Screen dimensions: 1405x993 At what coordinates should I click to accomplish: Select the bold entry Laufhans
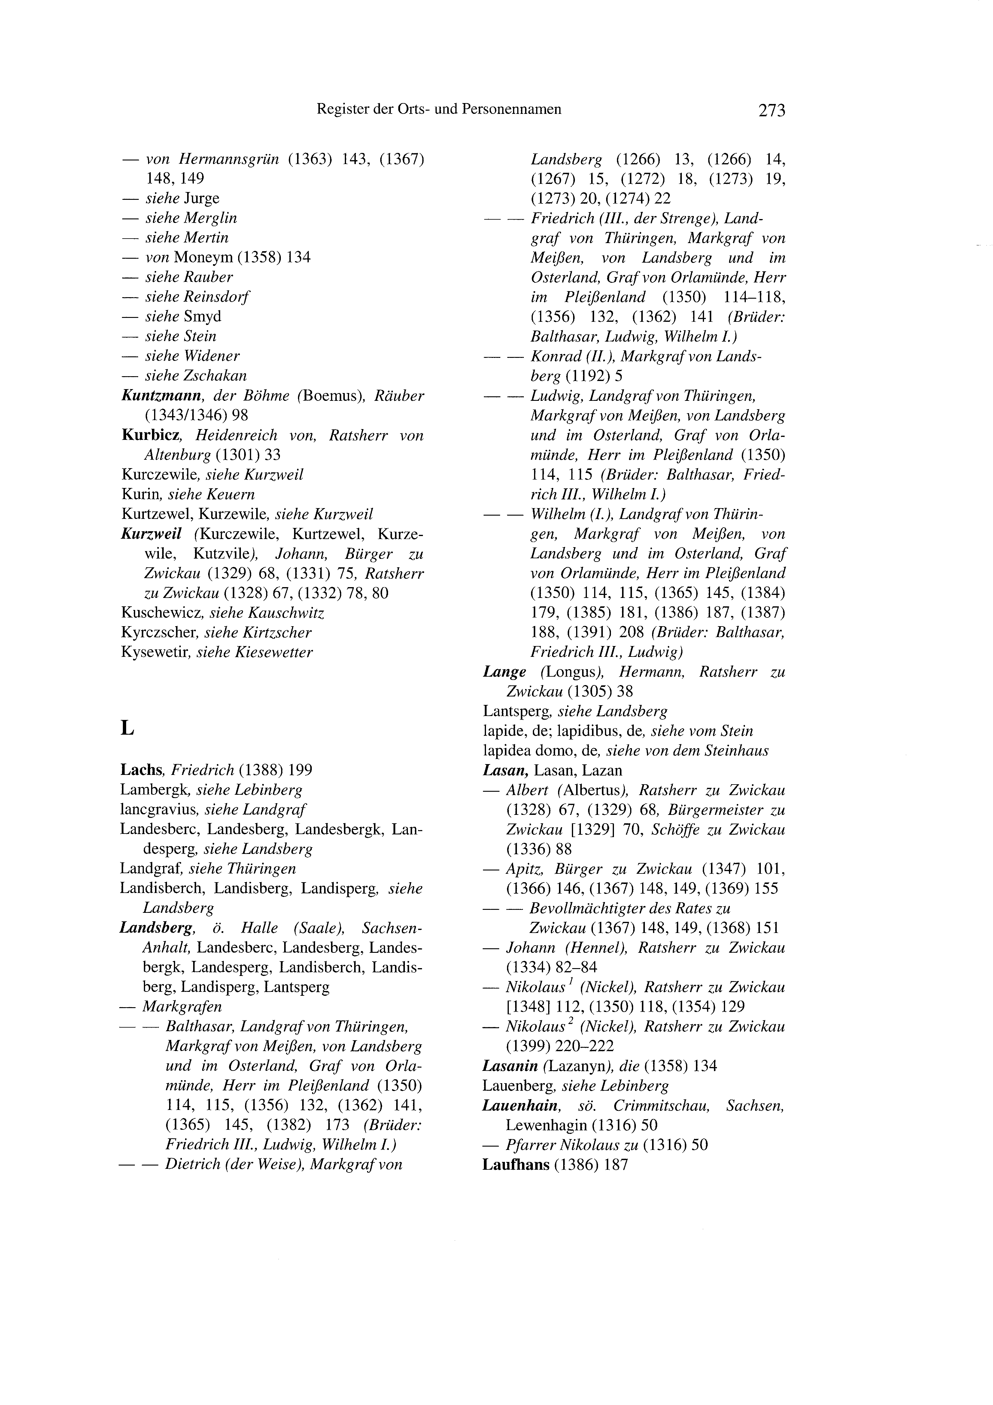click(x=516, y=1165)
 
